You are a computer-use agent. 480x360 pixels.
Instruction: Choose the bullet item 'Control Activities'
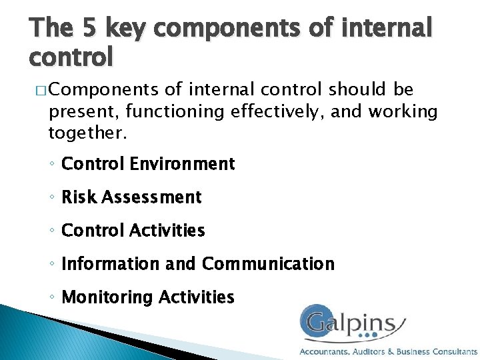pos(133,230)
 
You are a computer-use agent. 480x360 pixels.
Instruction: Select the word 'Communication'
pos(268,263)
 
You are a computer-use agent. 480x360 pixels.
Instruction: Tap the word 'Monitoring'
pos(107,297)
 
